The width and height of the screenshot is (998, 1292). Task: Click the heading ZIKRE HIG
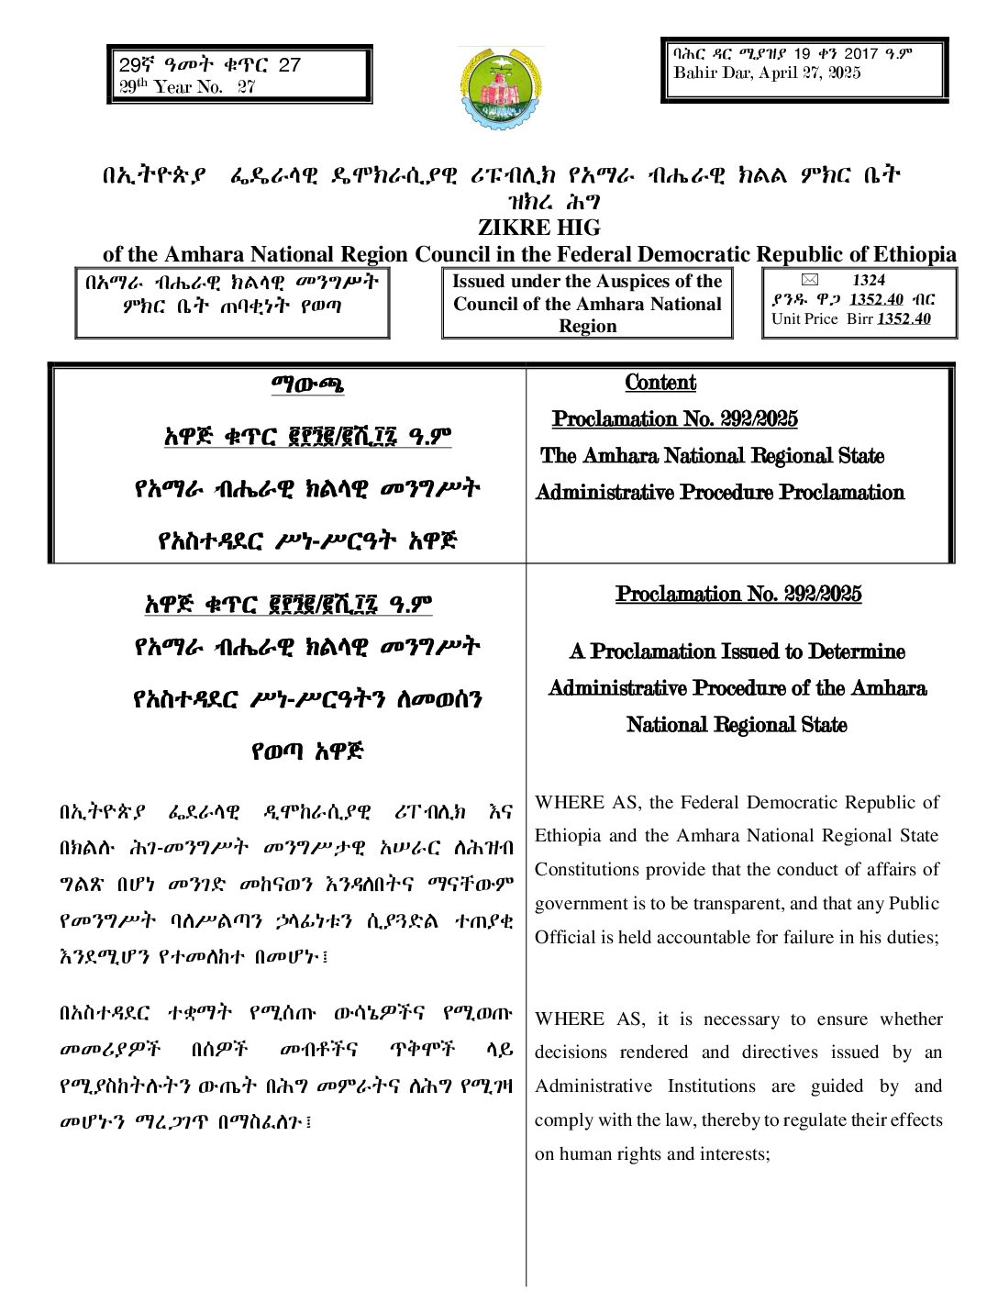click(538, 228)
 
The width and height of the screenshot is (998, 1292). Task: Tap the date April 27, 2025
click(810, 73)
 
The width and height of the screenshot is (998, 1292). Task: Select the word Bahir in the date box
click(694, 73)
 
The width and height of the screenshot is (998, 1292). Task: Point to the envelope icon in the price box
click(808, 280)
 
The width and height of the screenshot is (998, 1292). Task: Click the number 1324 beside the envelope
click(868, 280)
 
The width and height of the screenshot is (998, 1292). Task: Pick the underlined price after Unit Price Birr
click(903, 319)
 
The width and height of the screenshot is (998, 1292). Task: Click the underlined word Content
click(660, 383)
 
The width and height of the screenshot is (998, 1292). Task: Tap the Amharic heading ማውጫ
click(307, 384)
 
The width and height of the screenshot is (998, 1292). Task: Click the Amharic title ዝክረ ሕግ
click(539, 202)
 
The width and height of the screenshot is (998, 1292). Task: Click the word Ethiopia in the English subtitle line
click(904, 254)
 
